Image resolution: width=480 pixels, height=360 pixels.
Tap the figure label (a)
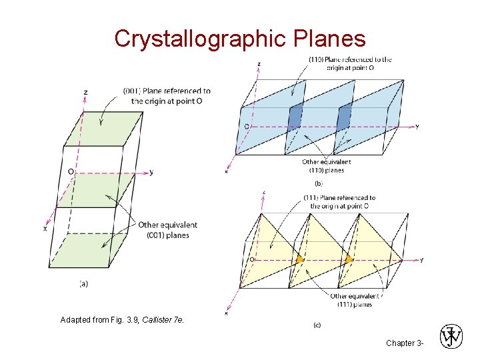[x=84, y=283]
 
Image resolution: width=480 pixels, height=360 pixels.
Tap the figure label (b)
[x=319, y=181]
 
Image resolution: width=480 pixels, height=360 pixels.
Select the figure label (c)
[x=317, y=325]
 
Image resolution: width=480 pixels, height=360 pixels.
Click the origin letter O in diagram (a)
[x=71, y=171]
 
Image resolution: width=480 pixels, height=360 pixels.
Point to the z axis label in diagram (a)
[x=86, y=91]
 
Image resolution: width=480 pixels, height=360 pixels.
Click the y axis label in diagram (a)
[x=151, y=172]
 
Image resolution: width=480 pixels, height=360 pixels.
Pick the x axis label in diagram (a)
[x=45, y=228]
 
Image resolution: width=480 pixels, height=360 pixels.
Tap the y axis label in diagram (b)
[x=417, y=126]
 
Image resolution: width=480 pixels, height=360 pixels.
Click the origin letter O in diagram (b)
[x=247, y=126]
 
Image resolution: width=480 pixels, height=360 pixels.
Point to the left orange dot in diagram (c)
[x=299, y=259]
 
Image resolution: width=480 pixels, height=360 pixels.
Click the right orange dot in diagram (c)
[x=349, y=259]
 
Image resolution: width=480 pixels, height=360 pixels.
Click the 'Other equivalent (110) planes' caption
[x=327, y=166]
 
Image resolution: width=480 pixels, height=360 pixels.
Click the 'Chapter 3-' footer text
[x=404, y=343]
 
